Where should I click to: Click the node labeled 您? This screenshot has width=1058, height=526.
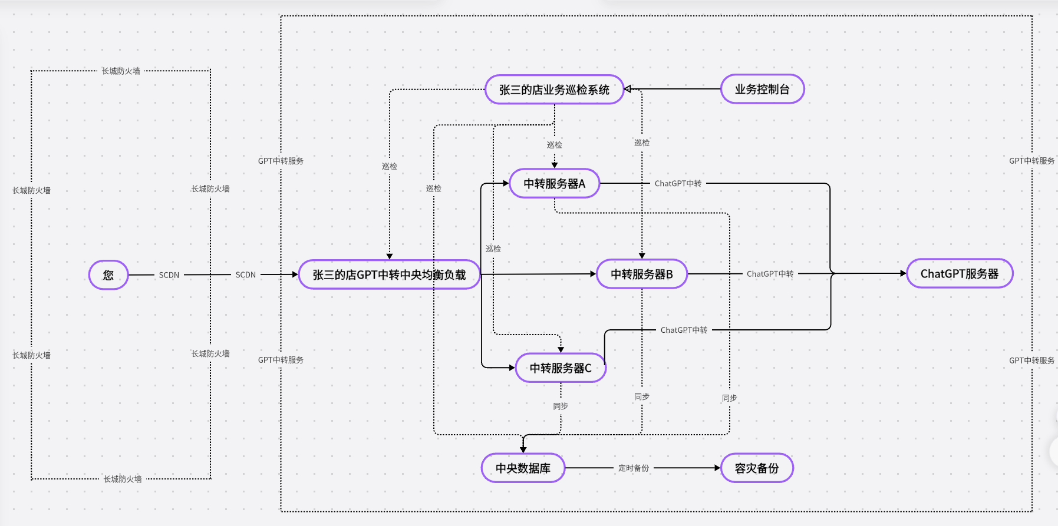pos(108,275)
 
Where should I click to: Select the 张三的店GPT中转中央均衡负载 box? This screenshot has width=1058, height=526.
pos(389,274)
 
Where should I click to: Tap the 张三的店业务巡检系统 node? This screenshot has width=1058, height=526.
pos(554,90)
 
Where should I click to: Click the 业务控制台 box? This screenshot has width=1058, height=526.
pos(762,90)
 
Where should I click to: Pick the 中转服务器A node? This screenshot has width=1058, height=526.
pos(554,184)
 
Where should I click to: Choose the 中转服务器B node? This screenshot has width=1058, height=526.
pos(641,274)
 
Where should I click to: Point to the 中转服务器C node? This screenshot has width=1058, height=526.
pos(560,368)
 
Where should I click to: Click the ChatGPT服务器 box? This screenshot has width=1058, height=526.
pos(959,274)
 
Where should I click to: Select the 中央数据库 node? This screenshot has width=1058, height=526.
pos(523,468)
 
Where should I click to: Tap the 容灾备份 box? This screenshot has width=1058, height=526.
pos(756,468)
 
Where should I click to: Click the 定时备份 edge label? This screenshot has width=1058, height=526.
pos(634,468)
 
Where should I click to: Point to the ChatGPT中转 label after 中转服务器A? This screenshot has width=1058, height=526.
pos(678,184)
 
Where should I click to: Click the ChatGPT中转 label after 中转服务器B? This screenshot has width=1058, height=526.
pos(770,274)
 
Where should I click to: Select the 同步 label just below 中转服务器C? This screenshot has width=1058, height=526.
pos(561,406)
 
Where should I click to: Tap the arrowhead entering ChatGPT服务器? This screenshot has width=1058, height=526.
pos(903,273)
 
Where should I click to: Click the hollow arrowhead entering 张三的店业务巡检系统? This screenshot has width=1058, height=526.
pos(628,89)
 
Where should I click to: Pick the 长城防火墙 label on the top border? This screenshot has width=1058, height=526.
pos(121,71)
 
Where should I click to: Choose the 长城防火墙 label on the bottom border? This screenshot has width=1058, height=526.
pos(123,479)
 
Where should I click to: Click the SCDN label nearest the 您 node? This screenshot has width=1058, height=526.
pos(169,275)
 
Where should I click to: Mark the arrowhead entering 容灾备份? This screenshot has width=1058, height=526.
pos(717,468)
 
